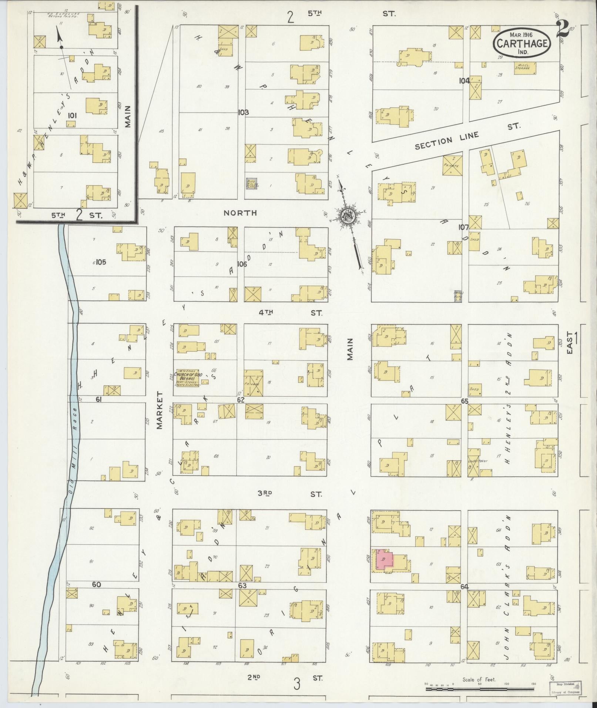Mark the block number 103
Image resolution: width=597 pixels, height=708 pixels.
point(243,112)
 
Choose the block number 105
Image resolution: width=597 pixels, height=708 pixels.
point(101,262)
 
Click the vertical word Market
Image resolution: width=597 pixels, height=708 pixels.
point(160,410)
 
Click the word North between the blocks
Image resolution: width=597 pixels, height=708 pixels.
point(240,213)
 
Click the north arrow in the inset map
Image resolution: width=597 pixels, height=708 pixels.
point(59,37)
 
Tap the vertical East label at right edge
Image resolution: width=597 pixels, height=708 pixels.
point(570,342)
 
